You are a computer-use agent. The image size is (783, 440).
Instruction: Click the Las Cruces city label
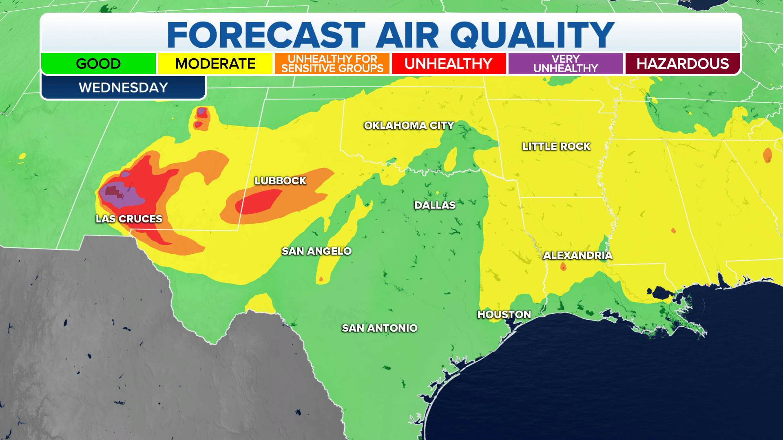129,219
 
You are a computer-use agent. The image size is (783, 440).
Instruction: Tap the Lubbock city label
280,180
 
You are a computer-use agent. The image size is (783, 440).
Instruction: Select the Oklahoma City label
409,125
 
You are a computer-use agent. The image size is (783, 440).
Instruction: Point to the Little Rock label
556,146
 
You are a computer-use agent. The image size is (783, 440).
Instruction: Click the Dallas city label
435,205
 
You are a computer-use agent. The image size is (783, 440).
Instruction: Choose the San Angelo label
316,251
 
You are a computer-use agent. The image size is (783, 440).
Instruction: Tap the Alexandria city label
577,255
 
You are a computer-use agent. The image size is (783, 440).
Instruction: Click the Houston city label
504,315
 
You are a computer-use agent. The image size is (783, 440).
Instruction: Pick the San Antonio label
379,328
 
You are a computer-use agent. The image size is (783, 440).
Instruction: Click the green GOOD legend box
98,64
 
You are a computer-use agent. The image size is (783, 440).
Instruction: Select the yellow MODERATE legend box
215,64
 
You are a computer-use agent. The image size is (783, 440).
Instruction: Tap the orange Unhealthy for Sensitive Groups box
332,64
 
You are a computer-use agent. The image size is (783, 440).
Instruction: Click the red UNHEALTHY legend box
449,64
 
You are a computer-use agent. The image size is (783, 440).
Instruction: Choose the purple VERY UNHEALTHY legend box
566,64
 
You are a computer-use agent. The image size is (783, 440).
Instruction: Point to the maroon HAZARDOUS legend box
682,64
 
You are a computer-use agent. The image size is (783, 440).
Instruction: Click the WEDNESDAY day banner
123,87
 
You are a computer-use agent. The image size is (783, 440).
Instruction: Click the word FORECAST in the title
266,35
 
